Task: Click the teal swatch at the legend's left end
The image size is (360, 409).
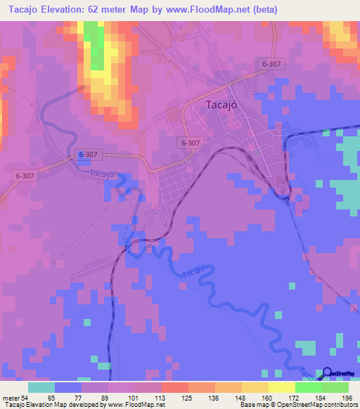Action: pyautogui.click(x=41, y=387)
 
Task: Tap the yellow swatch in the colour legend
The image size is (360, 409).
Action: pyautogui.click(x=282, y=387)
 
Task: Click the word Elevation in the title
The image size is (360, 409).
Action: pyautogui.click(x=67, y=10)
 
